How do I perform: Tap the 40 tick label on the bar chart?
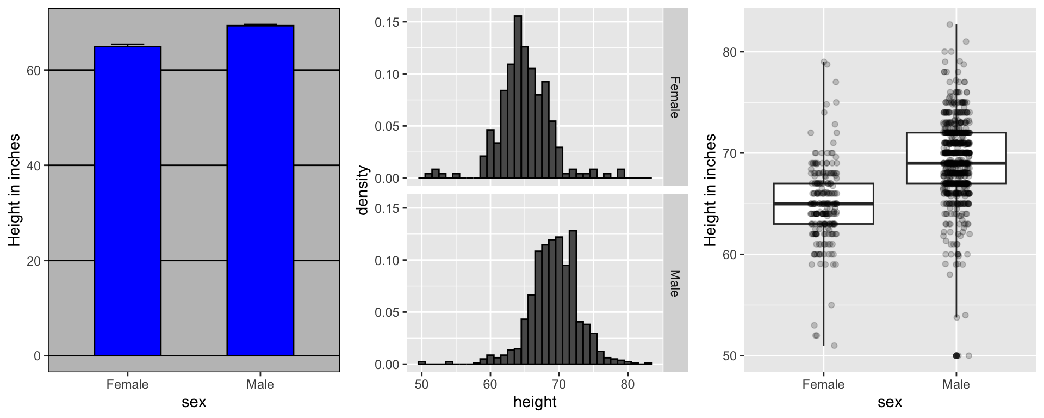pos(34,165)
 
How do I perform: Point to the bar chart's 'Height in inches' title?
pos(15,190)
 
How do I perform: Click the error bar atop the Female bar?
pos(128,45)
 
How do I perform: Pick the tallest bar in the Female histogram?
pos(518,98)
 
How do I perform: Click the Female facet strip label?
pos(675,97)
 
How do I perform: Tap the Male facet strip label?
pos(675,283)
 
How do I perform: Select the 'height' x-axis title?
pos(535,402)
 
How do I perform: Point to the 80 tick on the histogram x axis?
pos(627,385)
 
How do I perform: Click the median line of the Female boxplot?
pos(823,204)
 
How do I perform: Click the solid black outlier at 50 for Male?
pos(956,355)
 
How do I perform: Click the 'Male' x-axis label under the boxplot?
pos(956,385)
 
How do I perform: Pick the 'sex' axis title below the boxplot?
pos(890,402)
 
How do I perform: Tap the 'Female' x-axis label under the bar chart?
pos(128,385)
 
